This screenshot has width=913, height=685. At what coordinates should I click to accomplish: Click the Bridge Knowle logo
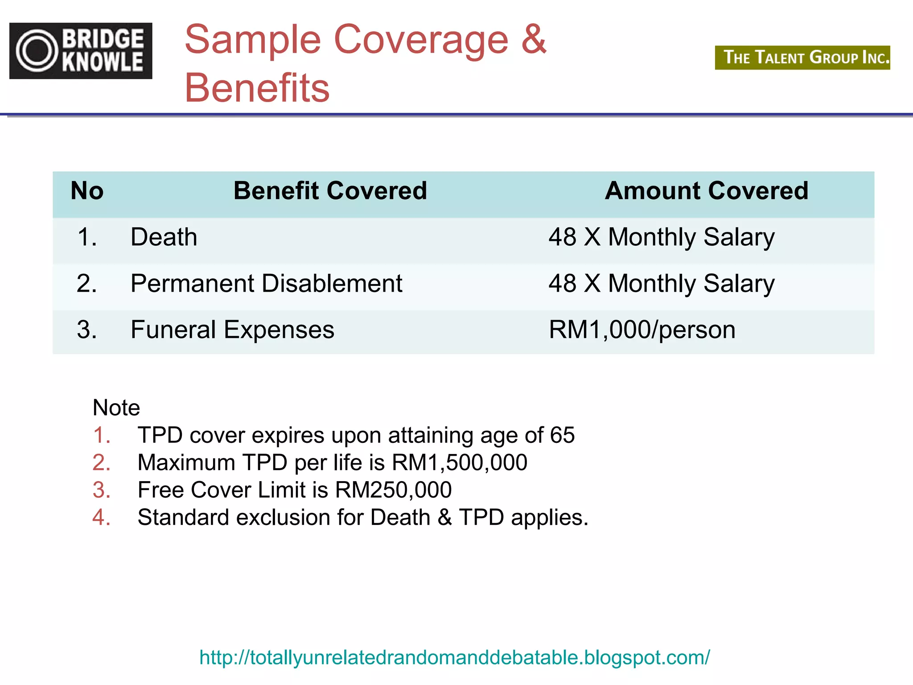(x=81, y=51)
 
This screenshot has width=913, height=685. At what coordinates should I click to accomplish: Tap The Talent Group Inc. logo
(x=802, y=58)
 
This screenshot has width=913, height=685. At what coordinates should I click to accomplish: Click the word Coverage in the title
(x=421, y=40)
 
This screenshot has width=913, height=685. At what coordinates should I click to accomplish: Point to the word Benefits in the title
(x=257, y=88)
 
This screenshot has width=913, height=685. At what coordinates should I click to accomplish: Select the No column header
(x=87, y=191)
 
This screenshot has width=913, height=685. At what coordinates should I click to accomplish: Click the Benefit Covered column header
(x=330, y=191)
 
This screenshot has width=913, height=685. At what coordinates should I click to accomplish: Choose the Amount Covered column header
(x=706, y=191)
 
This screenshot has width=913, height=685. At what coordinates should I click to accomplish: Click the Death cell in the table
(x=164, y=237)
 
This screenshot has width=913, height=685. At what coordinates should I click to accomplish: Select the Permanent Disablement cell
(x=266, y=283)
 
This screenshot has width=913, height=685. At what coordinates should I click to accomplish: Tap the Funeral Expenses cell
(x=232, y=330)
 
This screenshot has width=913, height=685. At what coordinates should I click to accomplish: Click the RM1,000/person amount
(x=642, y=330)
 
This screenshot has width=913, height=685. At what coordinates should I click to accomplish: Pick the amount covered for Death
(x=662, y=237)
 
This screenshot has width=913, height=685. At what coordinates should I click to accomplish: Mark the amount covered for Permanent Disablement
(x=662, y=283)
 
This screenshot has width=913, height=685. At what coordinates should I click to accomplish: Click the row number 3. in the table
(x=86, y=330)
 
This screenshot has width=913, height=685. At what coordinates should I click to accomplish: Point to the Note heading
(x=116, y=407)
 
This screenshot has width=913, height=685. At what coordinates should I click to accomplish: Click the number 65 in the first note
(x=562, y=435)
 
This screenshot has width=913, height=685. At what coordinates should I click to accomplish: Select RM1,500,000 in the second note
(x=460, y=462)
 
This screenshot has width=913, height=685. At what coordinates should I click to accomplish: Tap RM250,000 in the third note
(x=393, y=490)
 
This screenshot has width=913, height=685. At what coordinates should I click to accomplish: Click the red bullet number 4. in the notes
(x=101, y=517)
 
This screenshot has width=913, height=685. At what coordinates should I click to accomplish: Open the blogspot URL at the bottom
(x=455, y=657)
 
